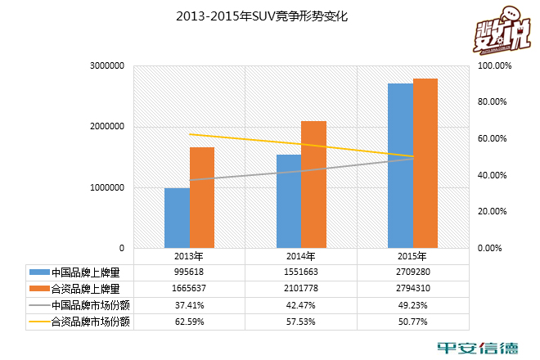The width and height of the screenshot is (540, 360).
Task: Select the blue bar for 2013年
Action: [177, 218]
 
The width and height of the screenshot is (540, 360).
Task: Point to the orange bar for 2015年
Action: [425, 164]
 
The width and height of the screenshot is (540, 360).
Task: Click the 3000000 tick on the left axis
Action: [106, 65]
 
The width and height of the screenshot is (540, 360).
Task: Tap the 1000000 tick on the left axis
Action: [106, 187]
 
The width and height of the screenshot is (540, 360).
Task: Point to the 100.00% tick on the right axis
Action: [494, 65]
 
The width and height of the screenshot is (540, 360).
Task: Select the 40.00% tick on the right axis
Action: [494, 175]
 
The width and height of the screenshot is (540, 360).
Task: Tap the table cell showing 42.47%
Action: [300, 306]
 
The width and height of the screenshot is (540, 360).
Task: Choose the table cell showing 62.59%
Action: [189, 322]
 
